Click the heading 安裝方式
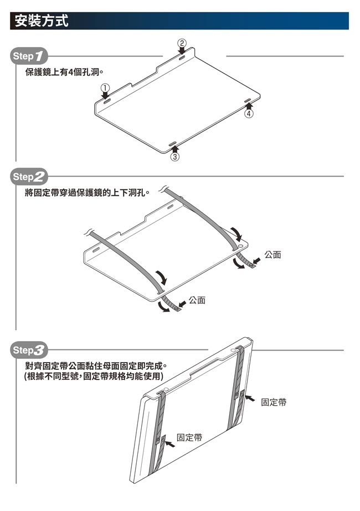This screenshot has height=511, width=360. pyautogui.click(x=42, y=21)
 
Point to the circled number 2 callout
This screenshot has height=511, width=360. pyautogui.click(x=181, y=43)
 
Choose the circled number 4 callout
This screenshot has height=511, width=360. pyautogui.click(x=249, y=113)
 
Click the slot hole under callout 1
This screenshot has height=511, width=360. pyautogui.click(x=106, y=101)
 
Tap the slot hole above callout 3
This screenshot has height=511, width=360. pyautogui.click(x=173, y=143)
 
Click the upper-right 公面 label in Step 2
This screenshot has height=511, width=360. pyautogui.click(x=272, y=255)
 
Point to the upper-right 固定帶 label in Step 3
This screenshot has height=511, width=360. pyautogui.click(x=274, y=401)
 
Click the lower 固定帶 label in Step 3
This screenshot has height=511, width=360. pyautogui.click(x=189, y=438)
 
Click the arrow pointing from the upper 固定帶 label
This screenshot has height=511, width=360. pyautogui.click(x=250, y=398)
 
